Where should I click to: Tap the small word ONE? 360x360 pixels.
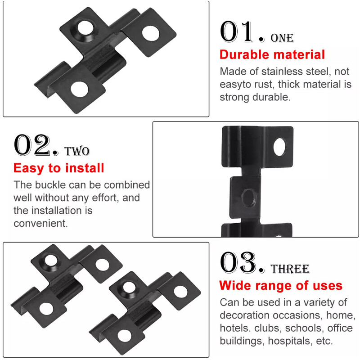[282, 38]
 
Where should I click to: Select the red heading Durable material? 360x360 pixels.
[272, 54]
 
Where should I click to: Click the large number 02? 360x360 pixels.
[31, 145]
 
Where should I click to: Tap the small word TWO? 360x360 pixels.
[76, 151]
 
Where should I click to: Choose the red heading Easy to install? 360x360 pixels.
[59, 168]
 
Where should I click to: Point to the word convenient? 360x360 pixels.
[40, 223]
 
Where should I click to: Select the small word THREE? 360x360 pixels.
[290, 269]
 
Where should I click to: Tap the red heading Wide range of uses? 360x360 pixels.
[281, 286]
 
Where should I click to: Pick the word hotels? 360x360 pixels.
[235, 328]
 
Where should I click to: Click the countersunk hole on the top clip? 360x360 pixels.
[85, 28]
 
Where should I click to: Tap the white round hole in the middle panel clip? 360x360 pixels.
[280, 147]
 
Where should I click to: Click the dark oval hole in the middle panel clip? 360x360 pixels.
[249, 198]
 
